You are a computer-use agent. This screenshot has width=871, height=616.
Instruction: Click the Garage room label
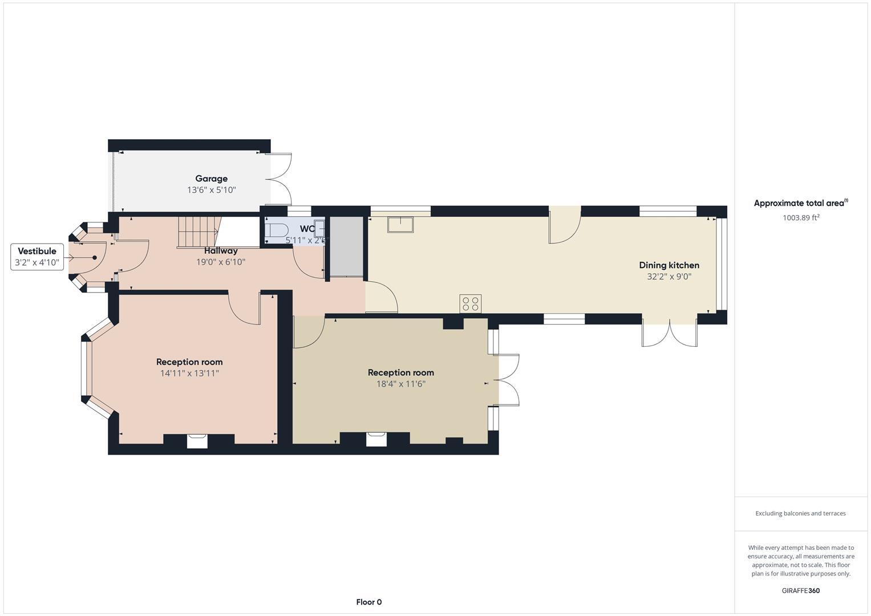point(211,179)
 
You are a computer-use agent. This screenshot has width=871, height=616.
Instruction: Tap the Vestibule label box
point(37,257)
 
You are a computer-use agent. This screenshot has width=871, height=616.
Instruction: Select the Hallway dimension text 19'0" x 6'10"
point(221,262)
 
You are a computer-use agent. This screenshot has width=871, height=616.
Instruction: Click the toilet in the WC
point(277,230)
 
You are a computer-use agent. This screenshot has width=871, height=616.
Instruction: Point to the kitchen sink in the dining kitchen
point(400,224)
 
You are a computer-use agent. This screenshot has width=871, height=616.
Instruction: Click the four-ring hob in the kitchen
point(471,303)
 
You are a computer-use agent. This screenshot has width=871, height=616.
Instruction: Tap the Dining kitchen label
point(669,265)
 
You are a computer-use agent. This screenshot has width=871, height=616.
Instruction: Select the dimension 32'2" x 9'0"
point(669,277)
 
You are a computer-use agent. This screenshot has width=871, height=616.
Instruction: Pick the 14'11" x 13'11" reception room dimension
point(189,374)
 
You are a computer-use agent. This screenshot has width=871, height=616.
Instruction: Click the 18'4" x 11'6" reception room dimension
point(400,384)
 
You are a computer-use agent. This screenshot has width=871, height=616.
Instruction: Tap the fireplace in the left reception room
point(197,440)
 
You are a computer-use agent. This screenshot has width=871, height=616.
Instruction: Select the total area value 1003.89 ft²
point(801,217)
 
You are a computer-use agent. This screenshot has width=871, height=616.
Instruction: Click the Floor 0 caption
point(368,602)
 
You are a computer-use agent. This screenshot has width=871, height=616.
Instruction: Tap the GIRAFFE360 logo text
point(800,590)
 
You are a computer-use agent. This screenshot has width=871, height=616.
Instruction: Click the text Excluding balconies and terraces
point(800,513)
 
